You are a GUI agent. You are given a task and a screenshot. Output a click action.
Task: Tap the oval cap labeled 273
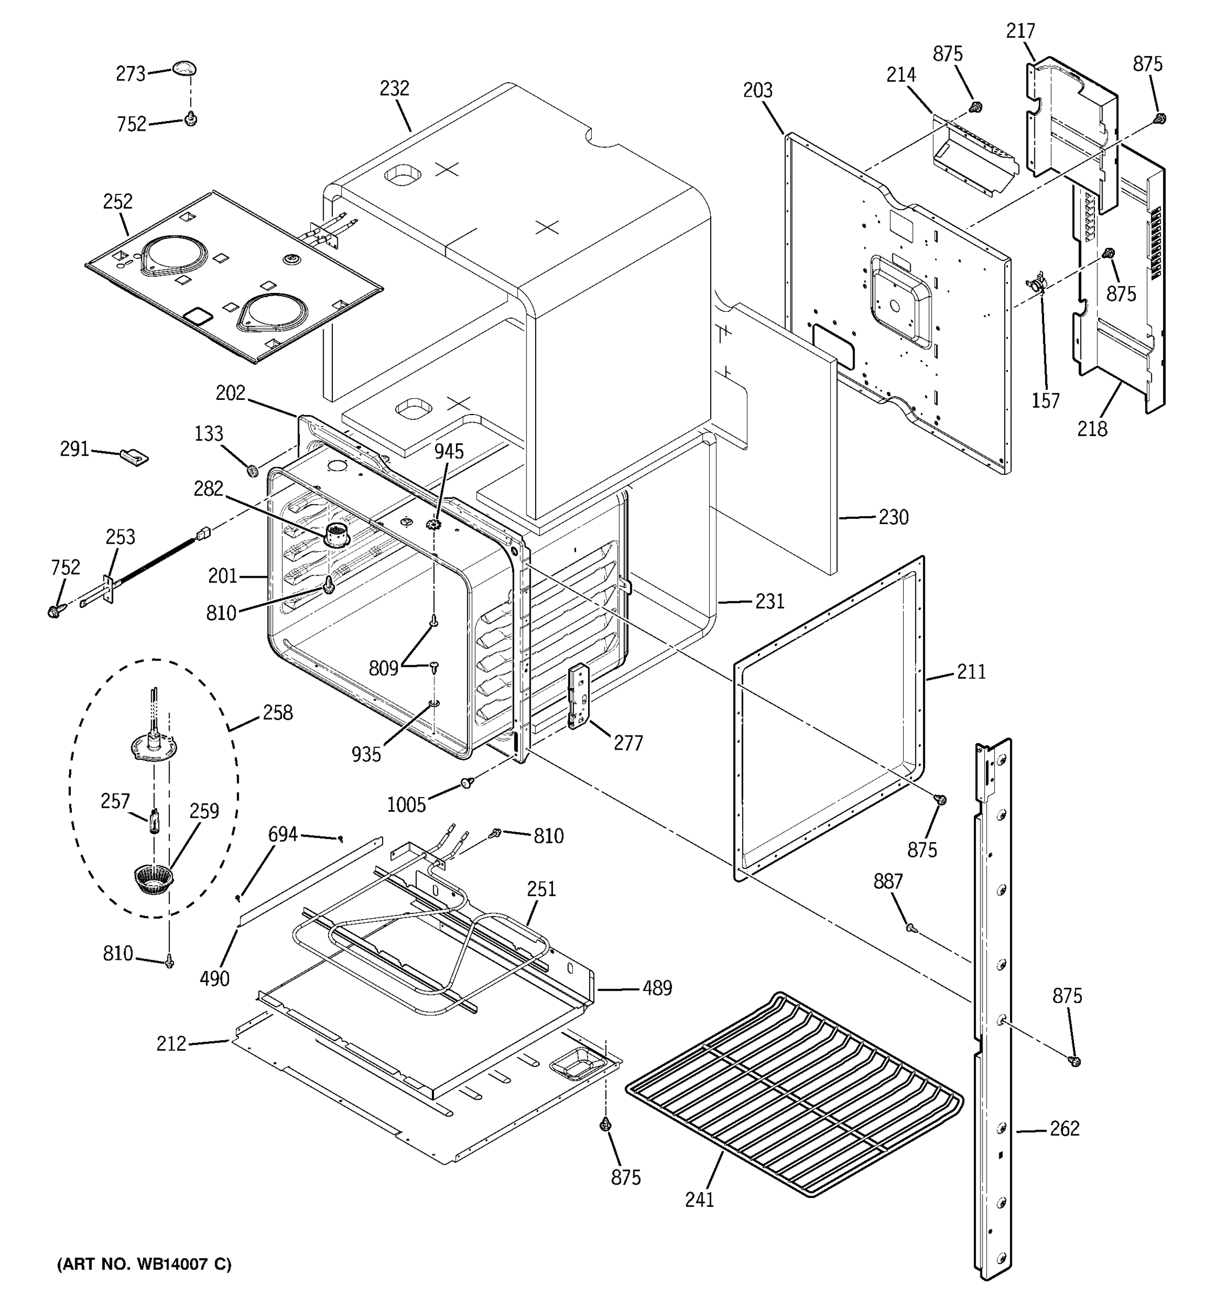[x=185, y=68]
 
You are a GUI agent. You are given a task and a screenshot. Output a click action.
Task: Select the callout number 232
[x=394, y=89]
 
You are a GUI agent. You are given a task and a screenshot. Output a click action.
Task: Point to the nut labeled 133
[x=252, y=470]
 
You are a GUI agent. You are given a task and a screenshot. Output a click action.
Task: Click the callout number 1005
[x=406, y=805]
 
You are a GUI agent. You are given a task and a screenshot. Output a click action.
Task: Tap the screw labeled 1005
[x=466, y=782]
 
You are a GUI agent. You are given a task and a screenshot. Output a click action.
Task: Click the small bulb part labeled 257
[x=155, y=820]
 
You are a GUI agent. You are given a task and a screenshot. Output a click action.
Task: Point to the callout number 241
[x=699, y=1199]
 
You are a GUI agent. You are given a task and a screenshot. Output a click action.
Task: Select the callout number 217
[x=1020, y=31]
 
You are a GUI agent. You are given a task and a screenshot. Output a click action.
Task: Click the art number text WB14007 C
[x=144, y=1265]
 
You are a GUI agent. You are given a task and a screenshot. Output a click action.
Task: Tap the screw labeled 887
[x=911, y=927]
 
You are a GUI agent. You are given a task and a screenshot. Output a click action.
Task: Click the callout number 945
[x=449, y=451]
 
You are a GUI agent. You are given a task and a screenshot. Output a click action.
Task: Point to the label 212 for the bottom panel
[x=171, y=1044]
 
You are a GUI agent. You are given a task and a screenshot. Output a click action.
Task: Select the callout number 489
[x=657, y=988]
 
